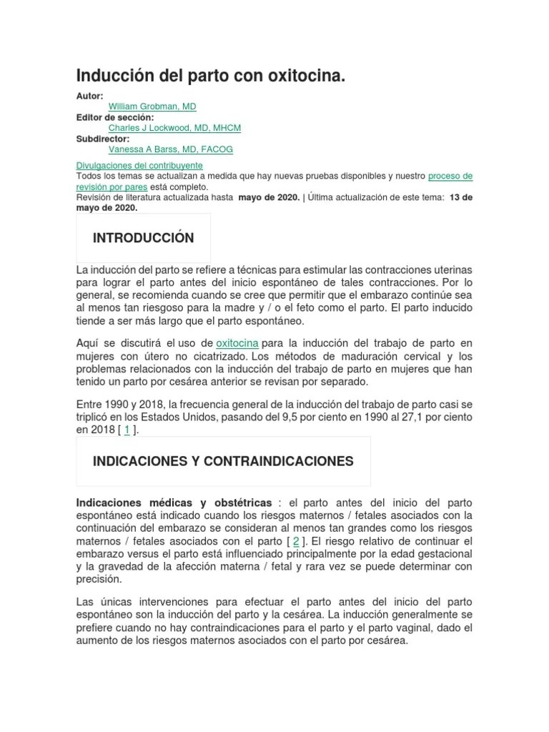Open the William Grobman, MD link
(x=152, y=107)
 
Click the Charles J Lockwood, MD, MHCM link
(x=174, y=128)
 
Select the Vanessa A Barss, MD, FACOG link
(x=171, y=149)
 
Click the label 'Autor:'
(x=90, y=96)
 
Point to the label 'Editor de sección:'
(x=115, y=117)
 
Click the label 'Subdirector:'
(x=103, y=139)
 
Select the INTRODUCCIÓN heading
(x=143, y=238)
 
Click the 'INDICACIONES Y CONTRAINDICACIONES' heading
(x=223, y=461)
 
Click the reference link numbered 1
(x=127, y=430)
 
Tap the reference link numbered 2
(x=296, y=541)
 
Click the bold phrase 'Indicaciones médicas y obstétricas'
(x=174, y=503)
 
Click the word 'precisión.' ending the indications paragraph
(x=99, y=580)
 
